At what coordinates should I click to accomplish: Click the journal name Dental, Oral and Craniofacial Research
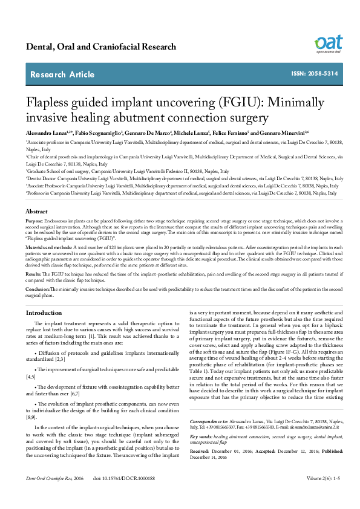[101, 47]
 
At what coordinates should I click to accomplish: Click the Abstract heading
[36, 229]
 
